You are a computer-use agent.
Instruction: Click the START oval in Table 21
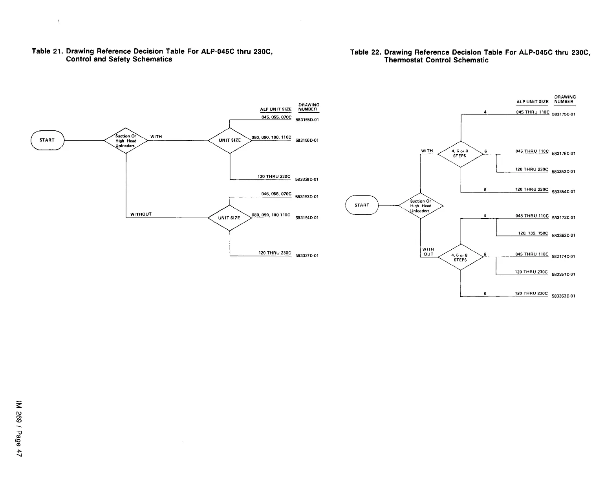47,140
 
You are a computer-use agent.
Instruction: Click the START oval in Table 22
362,205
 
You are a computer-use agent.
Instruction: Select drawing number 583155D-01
307,120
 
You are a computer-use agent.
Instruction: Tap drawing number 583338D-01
307,179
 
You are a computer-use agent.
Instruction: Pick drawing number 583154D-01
307,218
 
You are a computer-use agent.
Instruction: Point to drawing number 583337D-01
307,256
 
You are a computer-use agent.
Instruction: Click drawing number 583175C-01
564,115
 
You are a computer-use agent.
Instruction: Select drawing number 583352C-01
564,172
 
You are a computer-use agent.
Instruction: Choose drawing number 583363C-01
564,236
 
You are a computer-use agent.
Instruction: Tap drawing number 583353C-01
564,296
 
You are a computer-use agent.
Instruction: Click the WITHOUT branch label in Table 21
141,214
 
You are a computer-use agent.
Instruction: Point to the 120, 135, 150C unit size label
533,233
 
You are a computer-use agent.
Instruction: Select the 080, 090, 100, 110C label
271,137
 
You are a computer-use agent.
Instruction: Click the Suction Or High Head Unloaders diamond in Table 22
421,206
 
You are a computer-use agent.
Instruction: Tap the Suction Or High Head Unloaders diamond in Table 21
126,141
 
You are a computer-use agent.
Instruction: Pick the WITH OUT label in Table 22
428,252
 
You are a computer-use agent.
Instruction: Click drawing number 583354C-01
564,192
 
